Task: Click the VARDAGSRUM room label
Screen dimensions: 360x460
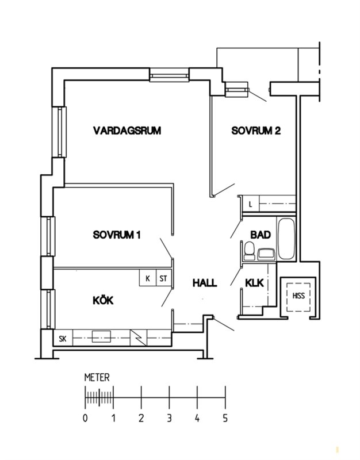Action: click(x=127, y=131)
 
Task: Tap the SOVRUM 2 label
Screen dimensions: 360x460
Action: click(x=256, y=131)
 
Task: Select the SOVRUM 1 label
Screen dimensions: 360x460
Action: click(x=117, y=235)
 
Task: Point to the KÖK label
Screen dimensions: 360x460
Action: click(x=103, y=300)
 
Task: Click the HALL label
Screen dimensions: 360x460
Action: click(x=205, y=283)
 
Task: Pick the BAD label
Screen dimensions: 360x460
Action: click(x=261, y=235)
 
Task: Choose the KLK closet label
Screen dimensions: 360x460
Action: click(x=254, y=283)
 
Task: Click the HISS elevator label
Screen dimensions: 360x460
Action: click(x=298, y=296)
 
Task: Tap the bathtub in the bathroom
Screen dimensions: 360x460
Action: click(x=286, y=239)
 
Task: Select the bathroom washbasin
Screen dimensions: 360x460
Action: click(x=266, y=254)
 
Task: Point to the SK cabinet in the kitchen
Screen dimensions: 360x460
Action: click(x=63, y=339)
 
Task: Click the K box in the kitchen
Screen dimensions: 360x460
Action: click(x=148, y=278)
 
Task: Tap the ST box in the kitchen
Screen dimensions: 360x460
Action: click(x=163, y=278)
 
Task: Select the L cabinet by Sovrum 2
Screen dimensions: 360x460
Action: click(x=250, y=204)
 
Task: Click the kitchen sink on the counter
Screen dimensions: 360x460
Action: click(x=101, y=336)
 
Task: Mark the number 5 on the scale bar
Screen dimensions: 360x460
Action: click(x=225, y=418)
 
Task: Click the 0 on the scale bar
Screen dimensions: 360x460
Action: click(x=85, y=418)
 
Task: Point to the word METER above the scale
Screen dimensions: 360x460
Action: click(x=97, y=377)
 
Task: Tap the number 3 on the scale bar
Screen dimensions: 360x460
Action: click(x=169, y=418)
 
